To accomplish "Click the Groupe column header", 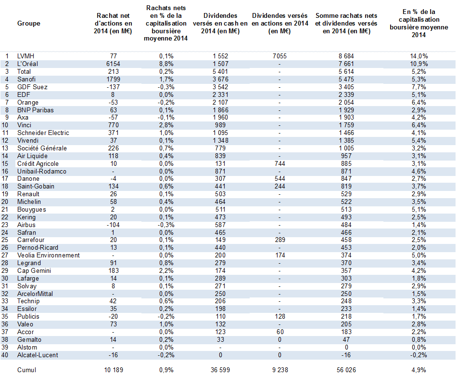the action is tap(28, 23).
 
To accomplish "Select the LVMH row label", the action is tap(25, 56).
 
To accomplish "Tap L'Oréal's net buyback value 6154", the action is tap(113, 64).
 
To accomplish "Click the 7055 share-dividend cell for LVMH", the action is tap(279, 56).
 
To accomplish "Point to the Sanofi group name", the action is tap(27, 79).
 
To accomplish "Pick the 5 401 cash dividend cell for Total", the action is tap(220, 71).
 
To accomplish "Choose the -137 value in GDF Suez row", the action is tap(113, 87).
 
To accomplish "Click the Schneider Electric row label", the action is tap(43, 133).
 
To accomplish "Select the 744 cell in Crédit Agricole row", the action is tap(280, 164).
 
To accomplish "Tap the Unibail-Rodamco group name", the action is tap(42, 172).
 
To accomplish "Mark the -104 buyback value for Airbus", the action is tap(113, 225).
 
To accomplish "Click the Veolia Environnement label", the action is tap(49, 255).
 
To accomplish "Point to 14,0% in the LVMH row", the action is tap(419, 56).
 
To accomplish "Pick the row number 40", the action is tap(5, 355).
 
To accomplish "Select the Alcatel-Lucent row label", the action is tap(38, 355).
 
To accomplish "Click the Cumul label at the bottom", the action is tap(26, 370).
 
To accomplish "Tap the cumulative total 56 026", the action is tap(346, 370).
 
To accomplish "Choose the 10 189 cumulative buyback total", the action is tap(114, 370).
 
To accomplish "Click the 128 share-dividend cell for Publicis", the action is tap(280, 317).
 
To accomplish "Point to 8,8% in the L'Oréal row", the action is tap(166, 64).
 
